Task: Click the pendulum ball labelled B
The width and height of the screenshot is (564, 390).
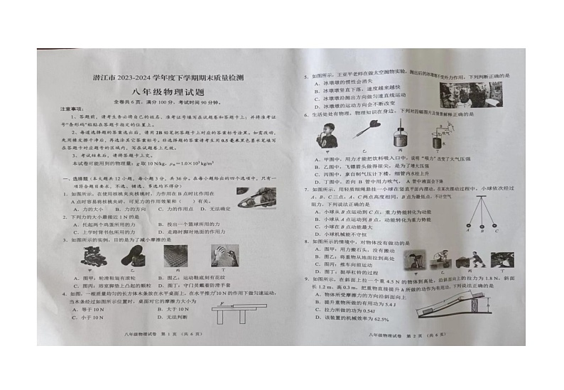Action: pyautogui.click(x=480, y=229)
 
